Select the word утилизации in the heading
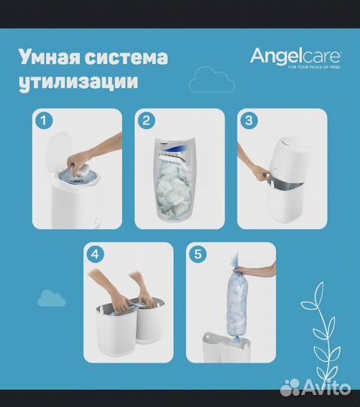(78, 81)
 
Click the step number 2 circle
(148, 121)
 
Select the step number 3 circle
(249, 121)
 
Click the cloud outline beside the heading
(203, 78)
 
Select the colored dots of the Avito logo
(288, 387)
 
